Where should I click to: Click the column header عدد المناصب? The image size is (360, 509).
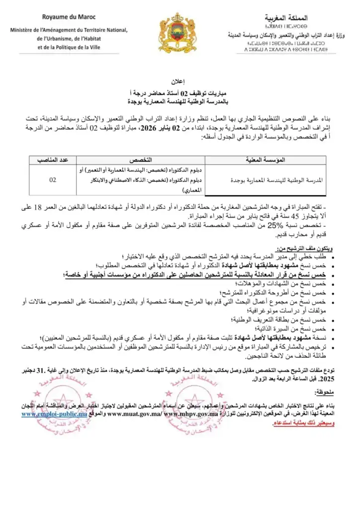pyautogui.click(x=52, y=160)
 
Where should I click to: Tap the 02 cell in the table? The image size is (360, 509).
pyautogui.click(x=52, y=180)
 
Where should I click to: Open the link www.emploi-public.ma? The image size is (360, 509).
pyautogui.click(x=54, y=413)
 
